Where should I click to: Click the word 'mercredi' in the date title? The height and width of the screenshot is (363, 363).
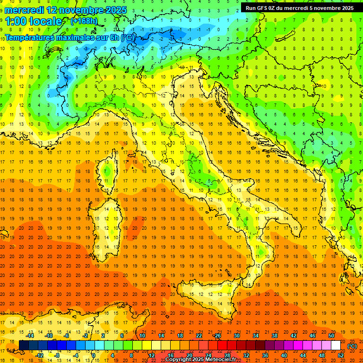tap(25, 10)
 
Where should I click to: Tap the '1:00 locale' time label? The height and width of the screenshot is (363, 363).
tap(33, 21)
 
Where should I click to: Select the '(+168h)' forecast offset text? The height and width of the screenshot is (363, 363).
tap(84, 21)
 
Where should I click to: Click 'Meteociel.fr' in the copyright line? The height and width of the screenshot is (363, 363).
tap(223, 360)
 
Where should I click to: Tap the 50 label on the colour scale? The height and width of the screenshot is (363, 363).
tap(331, 335)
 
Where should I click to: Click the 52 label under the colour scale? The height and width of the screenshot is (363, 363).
tap(341, 355)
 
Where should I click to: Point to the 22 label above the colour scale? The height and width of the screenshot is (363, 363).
tap(199, 335)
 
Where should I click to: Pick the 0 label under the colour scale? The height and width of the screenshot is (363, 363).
tap(94, 355)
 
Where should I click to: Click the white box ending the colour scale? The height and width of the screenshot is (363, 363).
tap(336, 345)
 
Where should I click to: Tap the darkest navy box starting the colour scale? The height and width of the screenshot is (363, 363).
tap(24, 345)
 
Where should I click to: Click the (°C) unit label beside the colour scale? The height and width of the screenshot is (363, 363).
tap(352, 346)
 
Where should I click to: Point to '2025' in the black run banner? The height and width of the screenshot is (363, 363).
tap(346, 8)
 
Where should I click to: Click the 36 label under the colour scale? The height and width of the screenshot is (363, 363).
tap(265, 355)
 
